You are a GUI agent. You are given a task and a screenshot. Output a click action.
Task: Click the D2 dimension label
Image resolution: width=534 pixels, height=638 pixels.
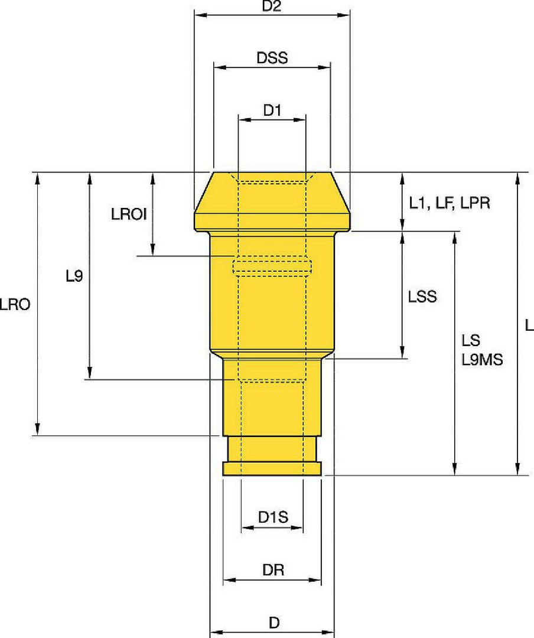(x=272, y=6)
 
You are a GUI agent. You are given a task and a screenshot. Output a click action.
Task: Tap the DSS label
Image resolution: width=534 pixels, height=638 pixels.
(x=272, y=58)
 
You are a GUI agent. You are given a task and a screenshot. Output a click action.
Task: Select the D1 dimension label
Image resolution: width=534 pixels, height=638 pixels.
(x=272, y=110)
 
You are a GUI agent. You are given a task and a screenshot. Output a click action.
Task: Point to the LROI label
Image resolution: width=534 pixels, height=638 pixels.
(x=129, y=214)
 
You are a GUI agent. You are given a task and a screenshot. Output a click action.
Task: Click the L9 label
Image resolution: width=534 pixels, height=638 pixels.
(x=74, y=276)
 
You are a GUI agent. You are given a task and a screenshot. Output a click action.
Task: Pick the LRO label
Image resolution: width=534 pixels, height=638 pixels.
(x=15, y=304)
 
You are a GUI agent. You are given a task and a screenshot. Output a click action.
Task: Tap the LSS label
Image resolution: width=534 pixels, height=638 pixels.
(x=422, y=297)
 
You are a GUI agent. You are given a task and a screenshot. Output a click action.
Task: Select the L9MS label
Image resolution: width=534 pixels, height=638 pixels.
(x=482, y=359)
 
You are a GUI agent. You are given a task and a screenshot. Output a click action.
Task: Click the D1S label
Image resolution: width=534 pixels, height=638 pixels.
(x=273, y=517)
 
